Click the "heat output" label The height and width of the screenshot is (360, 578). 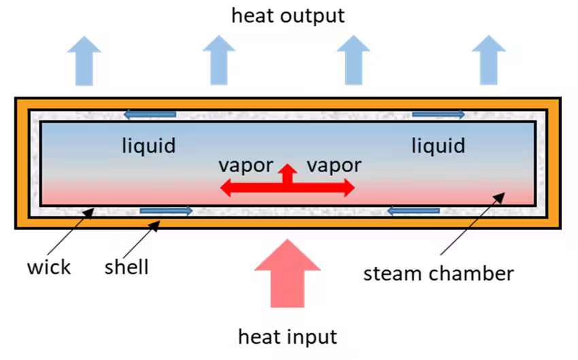(x=288, y=15)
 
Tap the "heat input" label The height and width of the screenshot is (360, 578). (x=288, y=336)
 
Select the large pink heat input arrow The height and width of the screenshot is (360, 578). (x=288, y=272)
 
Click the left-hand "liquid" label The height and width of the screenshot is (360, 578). (x=149, y=145)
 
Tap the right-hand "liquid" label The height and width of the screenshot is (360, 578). (x=439, y=145)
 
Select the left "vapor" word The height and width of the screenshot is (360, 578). (x=245, y=165)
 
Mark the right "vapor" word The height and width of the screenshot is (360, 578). (x=333, y=165)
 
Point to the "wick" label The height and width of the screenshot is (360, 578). (x=48, y=266)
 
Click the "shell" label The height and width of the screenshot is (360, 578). (x=126, y=266)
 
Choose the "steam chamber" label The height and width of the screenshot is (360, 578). (x=438, y=274)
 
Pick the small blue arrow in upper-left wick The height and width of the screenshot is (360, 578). (x=149, y=114)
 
